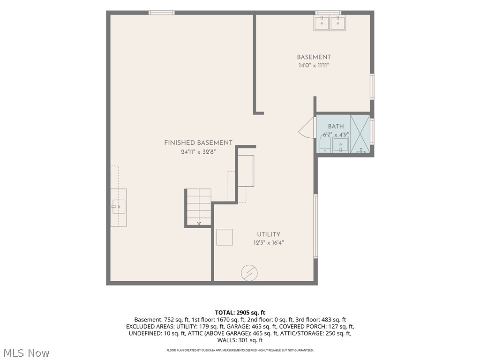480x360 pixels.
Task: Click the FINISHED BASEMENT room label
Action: point(198,142)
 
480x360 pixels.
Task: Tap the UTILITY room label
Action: point(269,234)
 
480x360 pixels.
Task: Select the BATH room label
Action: point(336,126)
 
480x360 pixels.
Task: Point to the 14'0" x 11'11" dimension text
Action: point(314,65)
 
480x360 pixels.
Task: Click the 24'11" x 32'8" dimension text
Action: point(198,151)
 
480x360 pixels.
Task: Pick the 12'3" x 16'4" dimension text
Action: point(269,243)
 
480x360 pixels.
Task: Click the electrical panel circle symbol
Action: point(249,273)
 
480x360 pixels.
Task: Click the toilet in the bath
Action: point(324,144)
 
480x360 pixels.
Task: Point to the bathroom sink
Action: point(340,145)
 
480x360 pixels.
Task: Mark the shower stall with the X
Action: point(360,134)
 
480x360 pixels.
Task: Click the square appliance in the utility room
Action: point(225,237)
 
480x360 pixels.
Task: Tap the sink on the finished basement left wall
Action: point(119,207)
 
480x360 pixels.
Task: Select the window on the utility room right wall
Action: point(315,226)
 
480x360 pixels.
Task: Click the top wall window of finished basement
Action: point(162,13)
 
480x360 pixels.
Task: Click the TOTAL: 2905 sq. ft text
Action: point(240,313)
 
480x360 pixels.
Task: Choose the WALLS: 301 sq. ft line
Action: point(240,340)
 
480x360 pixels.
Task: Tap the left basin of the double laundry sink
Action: point(322,23)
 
